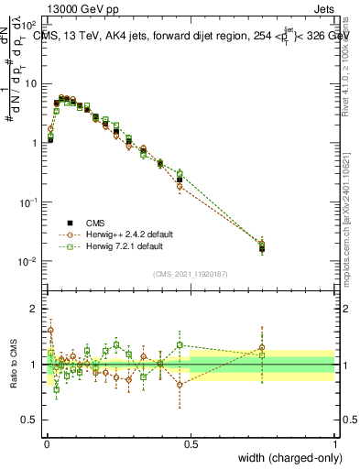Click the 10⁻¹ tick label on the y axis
point(28,202)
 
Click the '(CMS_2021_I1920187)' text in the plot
point(191,273)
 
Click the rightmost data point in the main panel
point(262,247)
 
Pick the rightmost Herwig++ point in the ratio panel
point(262,347)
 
